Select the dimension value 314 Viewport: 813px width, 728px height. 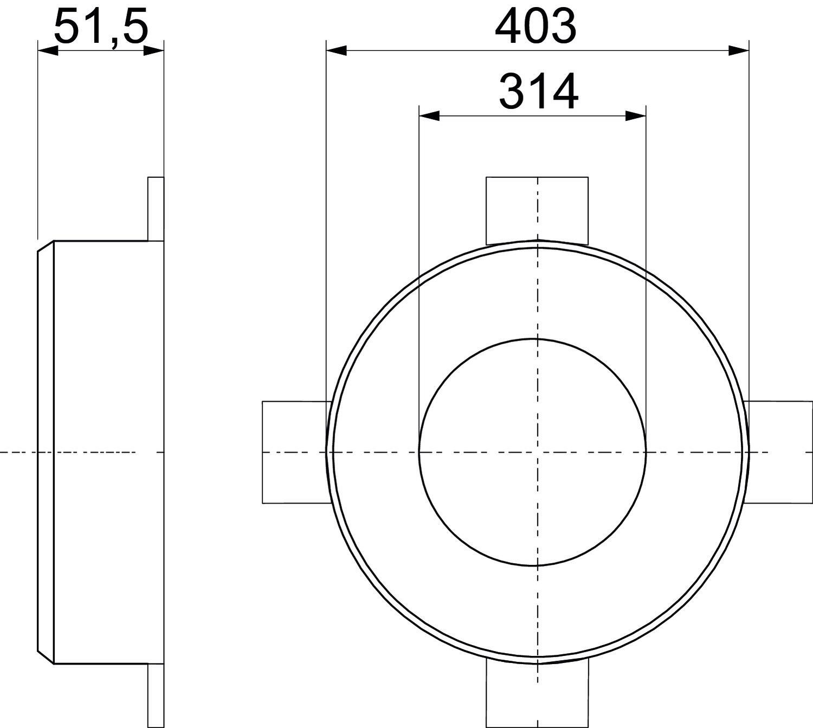(x=539, y=92)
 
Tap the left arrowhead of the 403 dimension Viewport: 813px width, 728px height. (x=336, y=51)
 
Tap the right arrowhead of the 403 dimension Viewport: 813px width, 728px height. (x=739, y=51)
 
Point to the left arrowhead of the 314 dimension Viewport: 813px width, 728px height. (x=429, y=117)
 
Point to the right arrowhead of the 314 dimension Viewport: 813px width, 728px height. (x=636, y=117)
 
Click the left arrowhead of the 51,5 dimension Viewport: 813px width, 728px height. (x=48, y=51)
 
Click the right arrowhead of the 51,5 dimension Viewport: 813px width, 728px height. (x=154, y=51)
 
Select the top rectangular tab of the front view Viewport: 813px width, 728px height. (x=537, y=210)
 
